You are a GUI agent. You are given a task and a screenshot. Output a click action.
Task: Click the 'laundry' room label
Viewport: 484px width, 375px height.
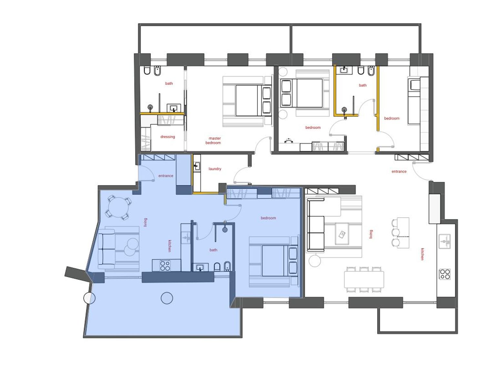pos(215,169)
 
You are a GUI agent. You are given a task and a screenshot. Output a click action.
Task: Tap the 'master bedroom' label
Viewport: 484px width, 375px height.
pos(213,141)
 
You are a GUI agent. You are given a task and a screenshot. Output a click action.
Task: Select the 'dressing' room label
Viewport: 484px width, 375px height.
pos(167,137)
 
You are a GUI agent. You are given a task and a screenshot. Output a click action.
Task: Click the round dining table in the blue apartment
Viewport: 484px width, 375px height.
pos(118,207)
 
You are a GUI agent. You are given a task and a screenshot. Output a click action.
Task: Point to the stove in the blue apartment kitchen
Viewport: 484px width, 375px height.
pos(165,265)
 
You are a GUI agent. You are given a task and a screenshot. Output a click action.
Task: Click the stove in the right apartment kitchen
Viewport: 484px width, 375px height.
pos(445,274)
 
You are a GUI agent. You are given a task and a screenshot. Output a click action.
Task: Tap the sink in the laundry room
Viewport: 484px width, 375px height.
pos(197,166)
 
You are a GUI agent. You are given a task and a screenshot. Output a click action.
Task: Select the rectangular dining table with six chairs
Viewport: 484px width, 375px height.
pos(364,280)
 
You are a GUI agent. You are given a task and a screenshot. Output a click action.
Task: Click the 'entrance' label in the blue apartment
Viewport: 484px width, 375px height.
pos(166,176)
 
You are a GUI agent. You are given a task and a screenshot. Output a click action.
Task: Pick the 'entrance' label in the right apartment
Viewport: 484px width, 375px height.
pos(399,172)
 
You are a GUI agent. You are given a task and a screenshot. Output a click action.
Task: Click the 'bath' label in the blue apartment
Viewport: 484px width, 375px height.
pos(213,250)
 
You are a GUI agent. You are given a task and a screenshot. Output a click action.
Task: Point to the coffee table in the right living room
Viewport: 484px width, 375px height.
pos(342,234)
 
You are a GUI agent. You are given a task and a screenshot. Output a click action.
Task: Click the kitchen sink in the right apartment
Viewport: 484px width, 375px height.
pos(445,241)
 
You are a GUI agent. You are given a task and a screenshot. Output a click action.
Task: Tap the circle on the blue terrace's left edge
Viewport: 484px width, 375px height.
pos(89,298)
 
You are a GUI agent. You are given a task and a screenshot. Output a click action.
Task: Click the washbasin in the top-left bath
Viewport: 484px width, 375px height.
pos(174,108)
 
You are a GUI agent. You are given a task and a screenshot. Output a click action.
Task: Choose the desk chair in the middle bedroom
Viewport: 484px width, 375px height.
pos(289,141)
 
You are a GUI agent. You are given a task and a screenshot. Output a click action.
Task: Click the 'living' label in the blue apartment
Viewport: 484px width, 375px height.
pos(145,222)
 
